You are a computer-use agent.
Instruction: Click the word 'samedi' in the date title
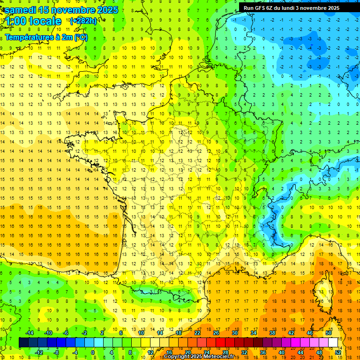22,10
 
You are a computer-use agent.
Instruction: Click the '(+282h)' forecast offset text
83,21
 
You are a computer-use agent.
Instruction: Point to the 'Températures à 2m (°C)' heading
46,37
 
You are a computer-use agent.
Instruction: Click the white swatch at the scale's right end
333,343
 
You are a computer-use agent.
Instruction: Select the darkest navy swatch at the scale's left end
23,343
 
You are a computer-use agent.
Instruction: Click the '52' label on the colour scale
338,352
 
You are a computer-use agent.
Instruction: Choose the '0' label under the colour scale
92,352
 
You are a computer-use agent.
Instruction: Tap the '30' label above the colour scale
235,333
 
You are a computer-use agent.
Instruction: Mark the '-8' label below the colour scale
57,352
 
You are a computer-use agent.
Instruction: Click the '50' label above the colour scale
329,333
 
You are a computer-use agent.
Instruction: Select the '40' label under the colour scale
282,352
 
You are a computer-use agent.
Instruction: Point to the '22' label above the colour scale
197,333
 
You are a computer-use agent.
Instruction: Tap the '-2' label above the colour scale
85,333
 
